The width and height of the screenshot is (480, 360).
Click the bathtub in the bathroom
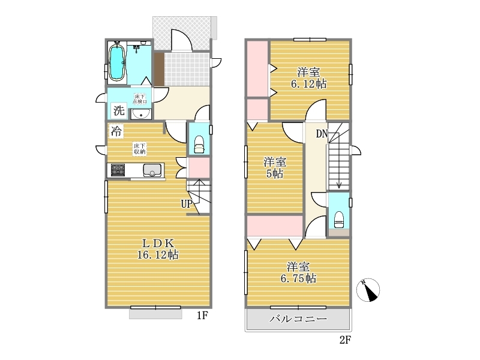(116, 63)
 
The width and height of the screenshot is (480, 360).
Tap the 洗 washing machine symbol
(119, 110)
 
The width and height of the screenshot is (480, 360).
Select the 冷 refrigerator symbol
(116, 131)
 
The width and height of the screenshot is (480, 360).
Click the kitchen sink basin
(152, 170)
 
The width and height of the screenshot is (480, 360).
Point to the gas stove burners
(118, 170)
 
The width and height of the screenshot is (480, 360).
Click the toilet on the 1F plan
(199, 144)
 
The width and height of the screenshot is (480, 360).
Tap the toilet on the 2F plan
(339, 220)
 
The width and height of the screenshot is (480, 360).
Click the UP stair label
(187, 204)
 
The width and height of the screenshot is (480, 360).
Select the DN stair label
(322, 134)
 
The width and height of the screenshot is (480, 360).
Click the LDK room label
(158, 244)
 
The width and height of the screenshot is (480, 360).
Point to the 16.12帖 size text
(158, 254)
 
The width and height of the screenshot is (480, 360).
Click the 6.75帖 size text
(298, 278)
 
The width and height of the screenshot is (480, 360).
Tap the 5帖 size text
(275, 174)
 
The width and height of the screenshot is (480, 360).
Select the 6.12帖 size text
(309, 84)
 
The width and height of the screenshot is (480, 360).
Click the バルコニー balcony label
(298, 319)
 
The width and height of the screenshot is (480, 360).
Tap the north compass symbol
(368, 290)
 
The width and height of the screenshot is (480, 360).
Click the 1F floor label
(203, 316)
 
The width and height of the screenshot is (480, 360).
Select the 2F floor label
(345, 340)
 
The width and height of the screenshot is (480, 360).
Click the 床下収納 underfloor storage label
(140, 149)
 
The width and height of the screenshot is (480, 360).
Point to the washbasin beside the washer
(141, 114)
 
